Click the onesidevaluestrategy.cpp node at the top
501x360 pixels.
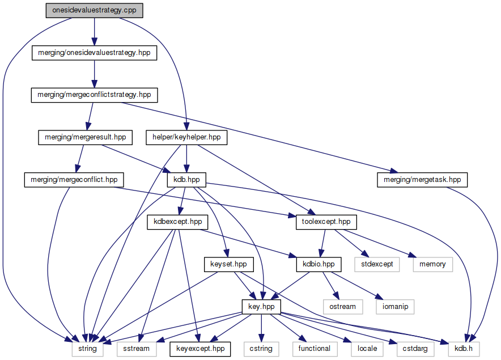click(x=94, y=10)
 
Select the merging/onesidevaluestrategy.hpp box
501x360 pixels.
click(x=94, y=53)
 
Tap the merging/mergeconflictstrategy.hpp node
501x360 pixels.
click(x=94, y=95)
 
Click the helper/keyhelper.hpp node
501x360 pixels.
click(x=186, y=137)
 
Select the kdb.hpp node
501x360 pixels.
click(x=186, y=180)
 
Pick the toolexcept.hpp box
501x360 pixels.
click(x=326, y=222)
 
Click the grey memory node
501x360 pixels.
click(x=432, y=264)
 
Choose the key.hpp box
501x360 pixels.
click(x=261, y=307)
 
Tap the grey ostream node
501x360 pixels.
click(x=342, y=307)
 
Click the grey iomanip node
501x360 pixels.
click(x=394, y=307)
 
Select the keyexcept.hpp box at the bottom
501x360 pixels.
click(x=200, y=349)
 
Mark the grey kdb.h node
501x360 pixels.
click(x=459, y=349)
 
